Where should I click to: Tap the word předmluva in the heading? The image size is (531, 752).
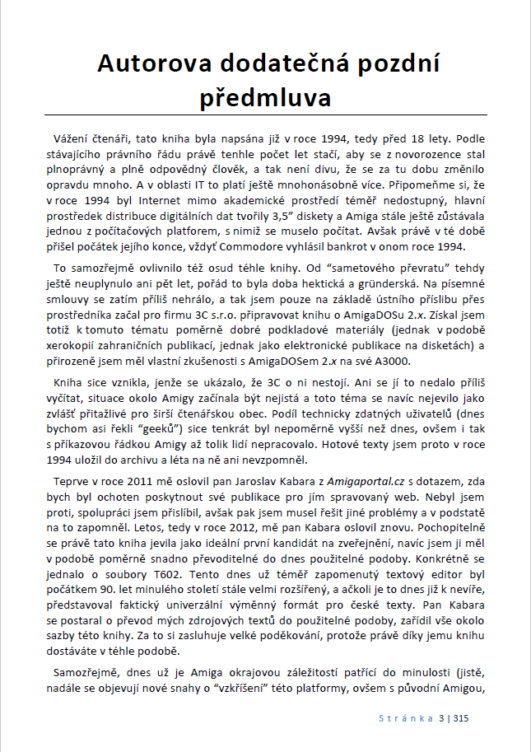coord(266,96)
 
